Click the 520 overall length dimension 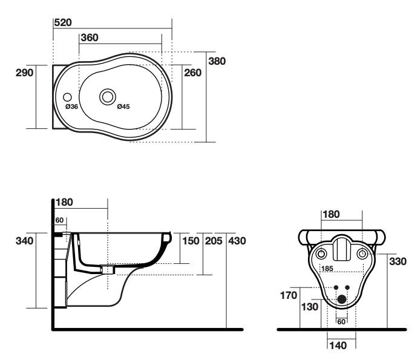point(63,22)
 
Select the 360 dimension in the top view point(90,38)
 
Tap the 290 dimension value point(25,72)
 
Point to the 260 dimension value point(193,72)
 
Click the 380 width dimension point(217,61)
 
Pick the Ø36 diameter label point(71,106)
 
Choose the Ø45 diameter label point(123,106)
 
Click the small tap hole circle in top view point(67,96)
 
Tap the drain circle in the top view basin point(108,96)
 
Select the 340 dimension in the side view point(25,241)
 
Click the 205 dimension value point(213,241)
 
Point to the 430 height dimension point(237,241)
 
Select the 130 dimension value point(309,307)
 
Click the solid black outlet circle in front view point(341,298)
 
